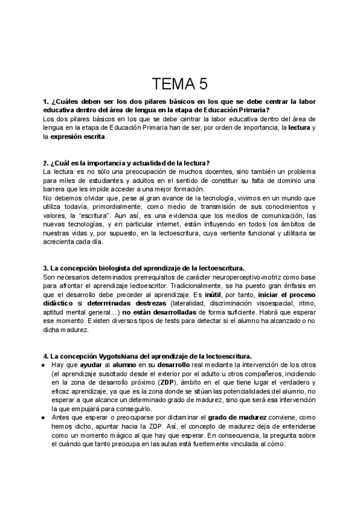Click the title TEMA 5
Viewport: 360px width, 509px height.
179,83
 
